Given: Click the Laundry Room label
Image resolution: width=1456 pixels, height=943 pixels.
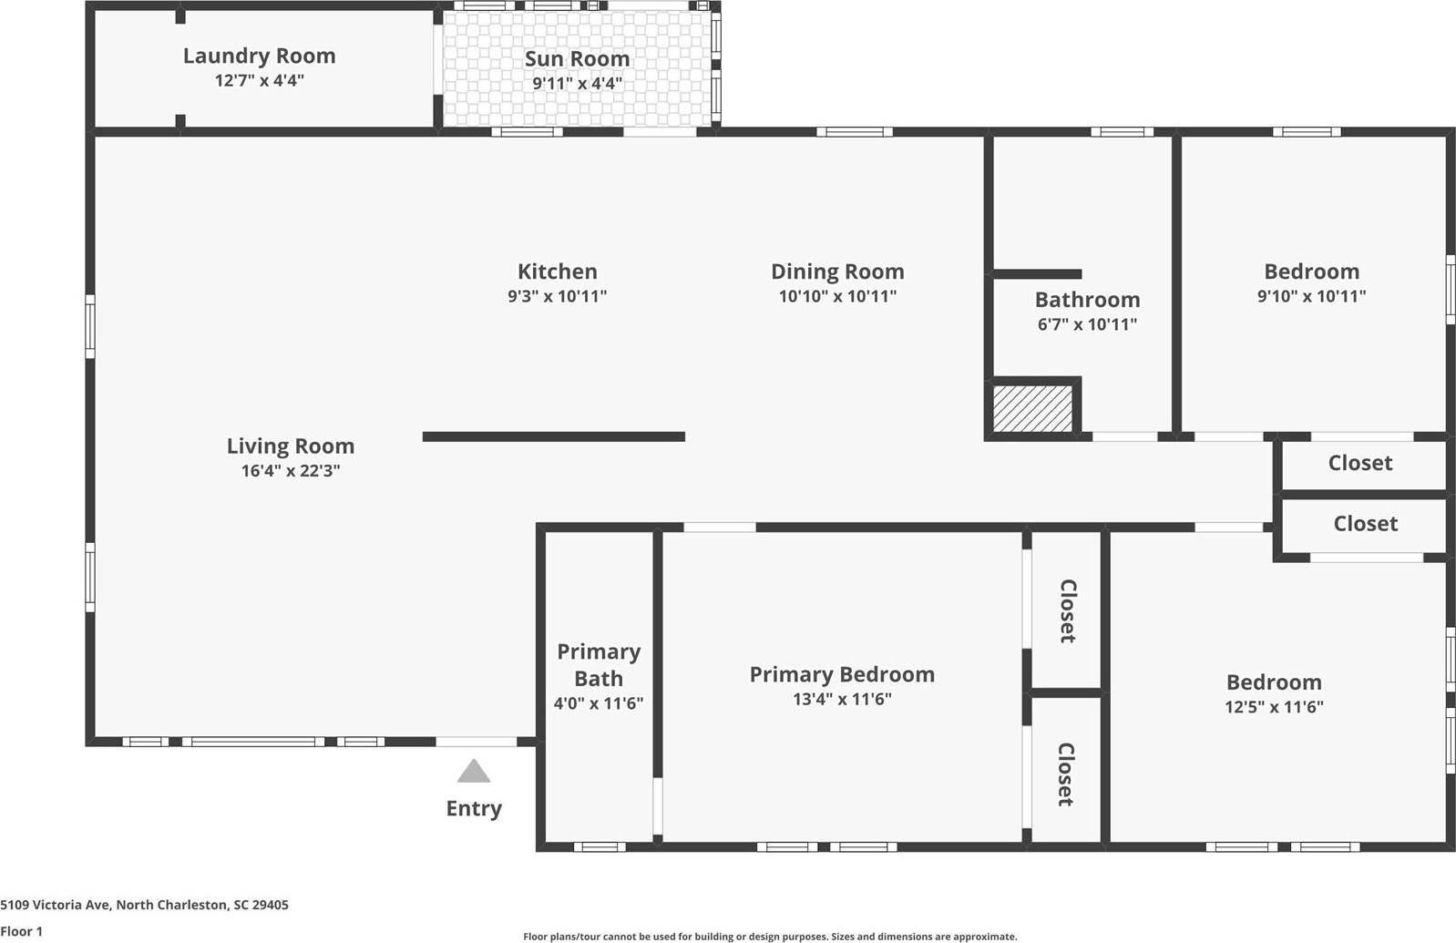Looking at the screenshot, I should tap(259, 56).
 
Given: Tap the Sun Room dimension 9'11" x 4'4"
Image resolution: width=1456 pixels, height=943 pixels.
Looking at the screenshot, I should tap(577, 84).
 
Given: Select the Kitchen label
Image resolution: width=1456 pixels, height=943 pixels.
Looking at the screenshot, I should tap(557, 272).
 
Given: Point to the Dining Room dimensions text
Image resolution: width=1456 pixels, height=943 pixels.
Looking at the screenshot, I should tap(836, 296).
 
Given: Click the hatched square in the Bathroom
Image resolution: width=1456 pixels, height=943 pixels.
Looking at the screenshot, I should tap(1032, 409).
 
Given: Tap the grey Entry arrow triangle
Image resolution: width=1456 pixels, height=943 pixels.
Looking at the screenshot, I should tap(473, 773).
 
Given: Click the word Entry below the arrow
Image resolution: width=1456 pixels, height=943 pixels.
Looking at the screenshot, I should tap(473, 808).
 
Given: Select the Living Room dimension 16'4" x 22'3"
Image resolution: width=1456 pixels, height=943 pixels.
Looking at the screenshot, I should tap(290, 471).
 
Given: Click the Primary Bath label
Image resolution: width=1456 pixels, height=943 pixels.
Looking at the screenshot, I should tap(599, 665).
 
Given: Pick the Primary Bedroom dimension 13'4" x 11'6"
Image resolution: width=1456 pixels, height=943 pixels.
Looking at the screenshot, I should tap(841, 700).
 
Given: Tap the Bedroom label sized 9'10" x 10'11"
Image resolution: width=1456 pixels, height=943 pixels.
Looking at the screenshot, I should tap(1311, 272).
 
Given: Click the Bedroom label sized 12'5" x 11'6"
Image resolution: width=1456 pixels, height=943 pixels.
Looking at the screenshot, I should tap(1273, 682).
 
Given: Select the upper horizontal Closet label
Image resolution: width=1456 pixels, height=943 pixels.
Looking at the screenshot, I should tap(1359, 463).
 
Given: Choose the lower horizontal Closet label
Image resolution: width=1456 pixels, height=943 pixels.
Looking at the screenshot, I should tap(1365, 524).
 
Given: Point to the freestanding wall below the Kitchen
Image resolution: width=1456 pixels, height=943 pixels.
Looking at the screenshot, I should tap(553, 437).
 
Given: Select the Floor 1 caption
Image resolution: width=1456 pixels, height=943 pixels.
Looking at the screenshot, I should tap(21, 931).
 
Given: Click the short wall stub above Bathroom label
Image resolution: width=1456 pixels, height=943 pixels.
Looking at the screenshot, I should tap(1036, 274).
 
